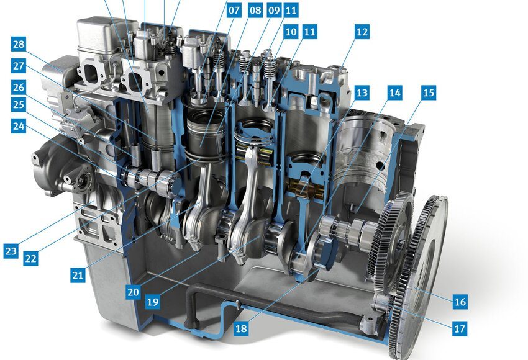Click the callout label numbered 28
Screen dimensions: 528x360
click(x=19, y=44)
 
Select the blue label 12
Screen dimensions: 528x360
click(x=362, y=32)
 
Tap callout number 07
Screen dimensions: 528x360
click(x=234, y=10)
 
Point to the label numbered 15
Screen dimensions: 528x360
click(x=429, y=92)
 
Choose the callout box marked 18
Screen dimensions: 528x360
click(x=241, y=328)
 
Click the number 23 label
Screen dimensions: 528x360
click(x=11, y=251)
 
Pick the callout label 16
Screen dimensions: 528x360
click(x=460, y=302)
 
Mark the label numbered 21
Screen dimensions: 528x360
click(x=78, y=275)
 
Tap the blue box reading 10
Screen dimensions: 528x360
click(x=291, y=32)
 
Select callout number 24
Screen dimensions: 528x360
click(x=19, y=126)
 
